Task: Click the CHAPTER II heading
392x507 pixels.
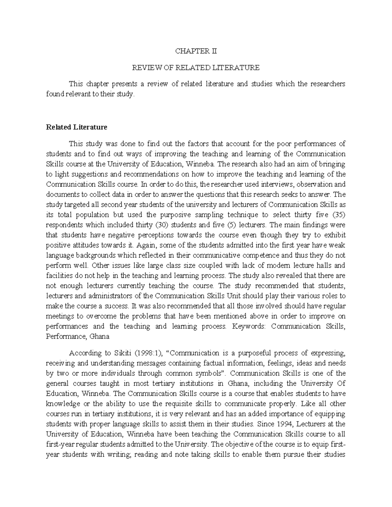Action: click(196, 51)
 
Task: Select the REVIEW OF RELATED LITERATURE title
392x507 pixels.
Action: click(195, 68)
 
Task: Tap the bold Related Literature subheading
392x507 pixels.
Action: click(77, 127)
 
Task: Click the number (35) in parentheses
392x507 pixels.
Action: click(339, 214)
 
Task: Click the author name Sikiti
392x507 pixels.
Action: click(113, 353)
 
